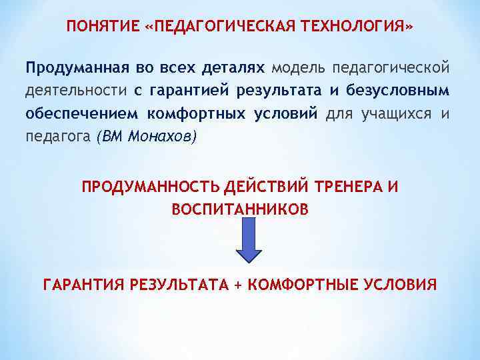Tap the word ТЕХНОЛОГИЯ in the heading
pos(357,26)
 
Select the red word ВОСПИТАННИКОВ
pos(240,209)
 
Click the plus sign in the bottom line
pos(238,285)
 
